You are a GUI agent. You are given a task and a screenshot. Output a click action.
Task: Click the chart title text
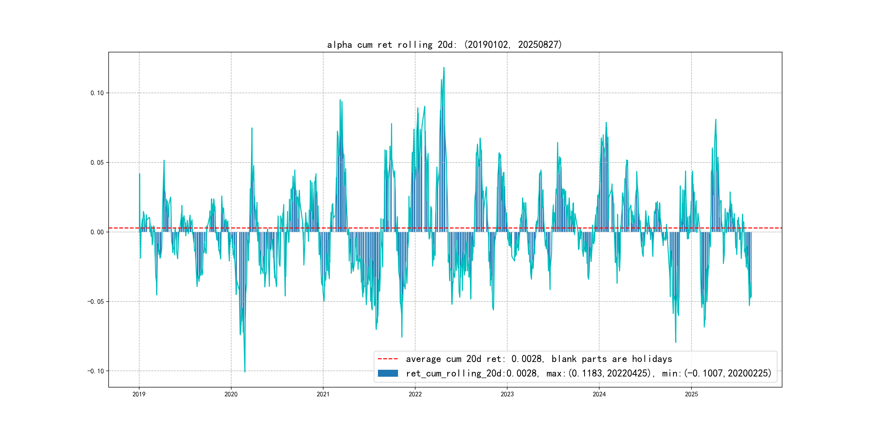[x=444, y=45]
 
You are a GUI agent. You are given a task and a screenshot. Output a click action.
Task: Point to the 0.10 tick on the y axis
[x=97, y=93]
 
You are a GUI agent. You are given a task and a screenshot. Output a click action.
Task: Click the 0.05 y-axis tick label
[x=97, y=163]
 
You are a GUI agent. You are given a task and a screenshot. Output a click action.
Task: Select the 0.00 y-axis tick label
[x=97, y=232]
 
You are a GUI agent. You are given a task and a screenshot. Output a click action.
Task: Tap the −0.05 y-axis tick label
[x=96, y=302]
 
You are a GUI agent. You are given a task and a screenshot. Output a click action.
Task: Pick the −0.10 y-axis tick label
[x=96, y=371]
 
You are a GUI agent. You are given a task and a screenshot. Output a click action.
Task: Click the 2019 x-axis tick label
[x=139, y=394]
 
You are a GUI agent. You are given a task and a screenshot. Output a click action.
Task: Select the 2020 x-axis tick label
[x=231, y=394]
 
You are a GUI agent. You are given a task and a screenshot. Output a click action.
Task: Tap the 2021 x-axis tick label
[x=323, y=394]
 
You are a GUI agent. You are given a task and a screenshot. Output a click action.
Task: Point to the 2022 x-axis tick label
[x=415, y=394]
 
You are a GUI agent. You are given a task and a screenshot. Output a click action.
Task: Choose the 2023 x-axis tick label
[x=507, y=394]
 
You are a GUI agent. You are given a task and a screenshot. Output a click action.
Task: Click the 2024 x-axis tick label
[x=599, y=394]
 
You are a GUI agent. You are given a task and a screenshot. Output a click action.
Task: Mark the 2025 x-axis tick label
[x=691, y=394]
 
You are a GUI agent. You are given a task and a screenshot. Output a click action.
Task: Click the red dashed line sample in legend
[x=388, y=359]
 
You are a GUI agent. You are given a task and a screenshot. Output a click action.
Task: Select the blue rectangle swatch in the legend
[x=388, y=373]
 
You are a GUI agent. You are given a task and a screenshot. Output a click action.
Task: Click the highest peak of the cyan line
[x=444, y=68]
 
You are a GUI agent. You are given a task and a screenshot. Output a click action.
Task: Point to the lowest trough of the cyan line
[x=245, y=372]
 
